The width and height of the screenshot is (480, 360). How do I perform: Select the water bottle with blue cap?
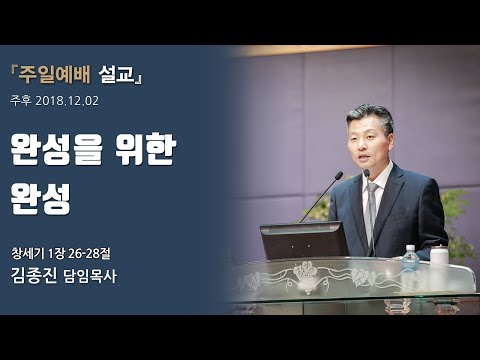point(410,261)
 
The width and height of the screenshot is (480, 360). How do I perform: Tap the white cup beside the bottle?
point(438,257)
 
